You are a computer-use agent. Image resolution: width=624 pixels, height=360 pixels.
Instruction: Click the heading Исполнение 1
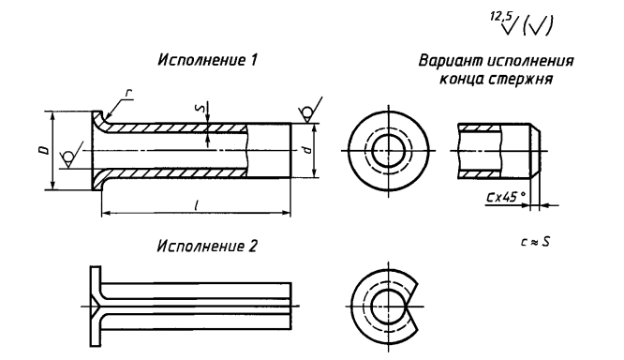click(x=207, y=60)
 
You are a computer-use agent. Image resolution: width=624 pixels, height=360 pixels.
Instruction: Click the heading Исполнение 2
click(x=207, y=247)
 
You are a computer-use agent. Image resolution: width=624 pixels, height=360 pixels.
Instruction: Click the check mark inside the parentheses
click(x=537, y=26)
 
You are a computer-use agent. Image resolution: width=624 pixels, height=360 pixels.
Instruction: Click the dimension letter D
click(x=45, y=150)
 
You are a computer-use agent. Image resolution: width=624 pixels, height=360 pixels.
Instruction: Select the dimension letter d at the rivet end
click(x=306, y=150)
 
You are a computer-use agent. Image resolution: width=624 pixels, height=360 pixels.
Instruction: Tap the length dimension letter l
click(x=196, y=205)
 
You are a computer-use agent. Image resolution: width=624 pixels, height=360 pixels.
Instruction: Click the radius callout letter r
click(x=128, y=93)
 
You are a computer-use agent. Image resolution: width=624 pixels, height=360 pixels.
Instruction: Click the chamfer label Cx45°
click(x=505, y=197)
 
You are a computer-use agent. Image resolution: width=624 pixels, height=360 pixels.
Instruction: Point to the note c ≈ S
click(x=535, y=242)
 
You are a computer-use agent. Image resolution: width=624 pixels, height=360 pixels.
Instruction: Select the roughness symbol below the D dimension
click(x=71, y=156)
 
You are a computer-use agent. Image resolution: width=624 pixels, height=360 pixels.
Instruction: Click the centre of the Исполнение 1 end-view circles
click(x=389, y=151)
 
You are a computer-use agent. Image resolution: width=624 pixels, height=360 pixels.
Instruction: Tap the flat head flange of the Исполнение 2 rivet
click(x=96, y=307)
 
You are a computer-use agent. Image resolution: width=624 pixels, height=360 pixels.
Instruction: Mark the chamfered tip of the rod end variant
click(x=535, y=151)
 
